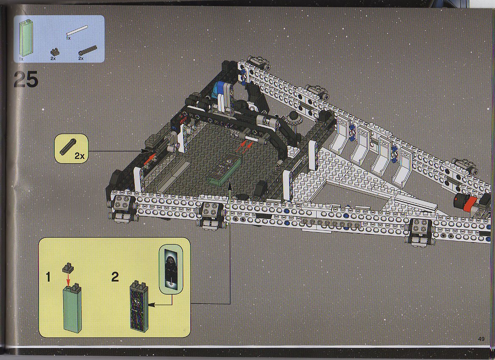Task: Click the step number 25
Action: click(x=25, y=79)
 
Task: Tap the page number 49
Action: click(x=481, y=339)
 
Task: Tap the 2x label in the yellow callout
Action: click(x=80, y=155)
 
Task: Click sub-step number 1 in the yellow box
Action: click(x=48, y=277)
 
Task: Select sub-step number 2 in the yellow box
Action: click(x=115, y=277)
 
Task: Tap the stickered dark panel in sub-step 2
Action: click(x=139, y=307)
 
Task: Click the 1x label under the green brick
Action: click(x=21, y=59)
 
